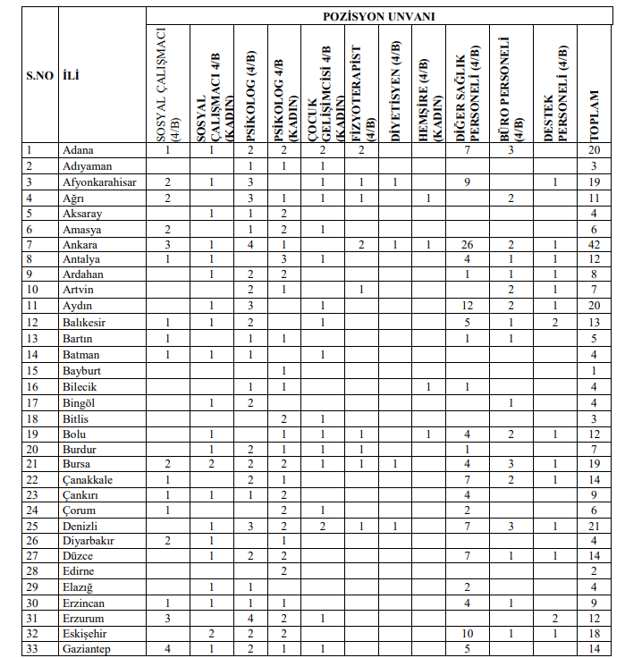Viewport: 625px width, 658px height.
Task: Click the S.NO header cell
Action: coord(39,76)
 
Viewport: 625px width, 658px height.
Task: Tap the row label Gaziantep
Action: coord(87,648)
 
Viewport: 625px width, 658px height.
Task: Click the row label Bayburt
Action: coord(80,369)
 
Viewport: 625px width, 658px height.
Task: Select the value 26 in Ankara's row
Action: coord(468,244)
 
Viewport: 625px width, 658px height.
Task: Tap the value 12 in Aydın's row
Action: coord(468,307)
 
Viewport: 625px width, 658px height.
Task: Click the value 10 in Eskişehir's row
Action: coord(468,633)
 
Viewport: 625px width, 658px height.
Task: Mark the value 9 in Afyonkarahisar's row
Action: coord(468,182)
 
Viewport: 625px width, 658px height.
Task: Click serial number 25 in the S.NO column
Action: coord(32,525)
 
